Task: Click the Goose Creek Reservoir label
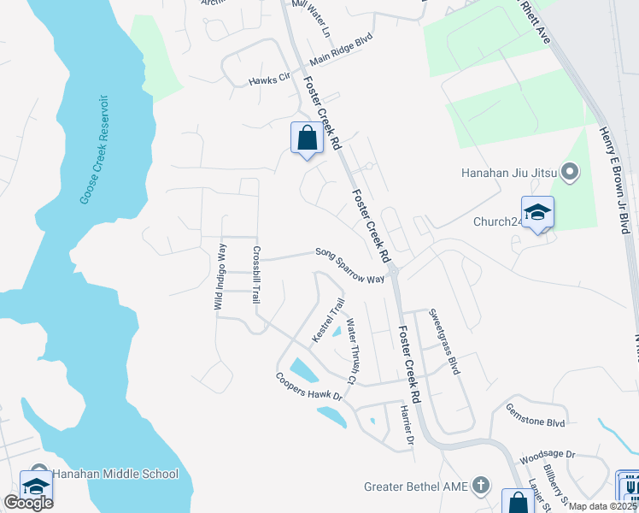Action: (95, 149)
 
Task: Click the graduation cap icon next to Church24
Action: (537, 212)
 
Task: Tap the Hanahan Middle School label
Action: (115, 474)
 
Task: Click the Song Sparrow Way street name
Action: (349, 265)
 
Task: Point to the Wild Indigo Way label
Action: (220, 276)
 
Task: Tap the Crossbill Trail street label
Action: (255, 275)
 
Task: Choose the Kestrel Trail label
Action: (328, 321)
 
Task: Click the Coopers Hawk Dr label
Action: (308, 386)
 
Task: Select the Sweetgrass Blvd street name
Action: (444, 341)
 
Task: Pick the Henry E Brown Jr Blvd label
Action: (618, 180)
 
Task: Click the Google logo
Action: (29, 502)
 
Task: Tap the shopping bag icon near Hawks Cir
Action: (307, 138)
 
